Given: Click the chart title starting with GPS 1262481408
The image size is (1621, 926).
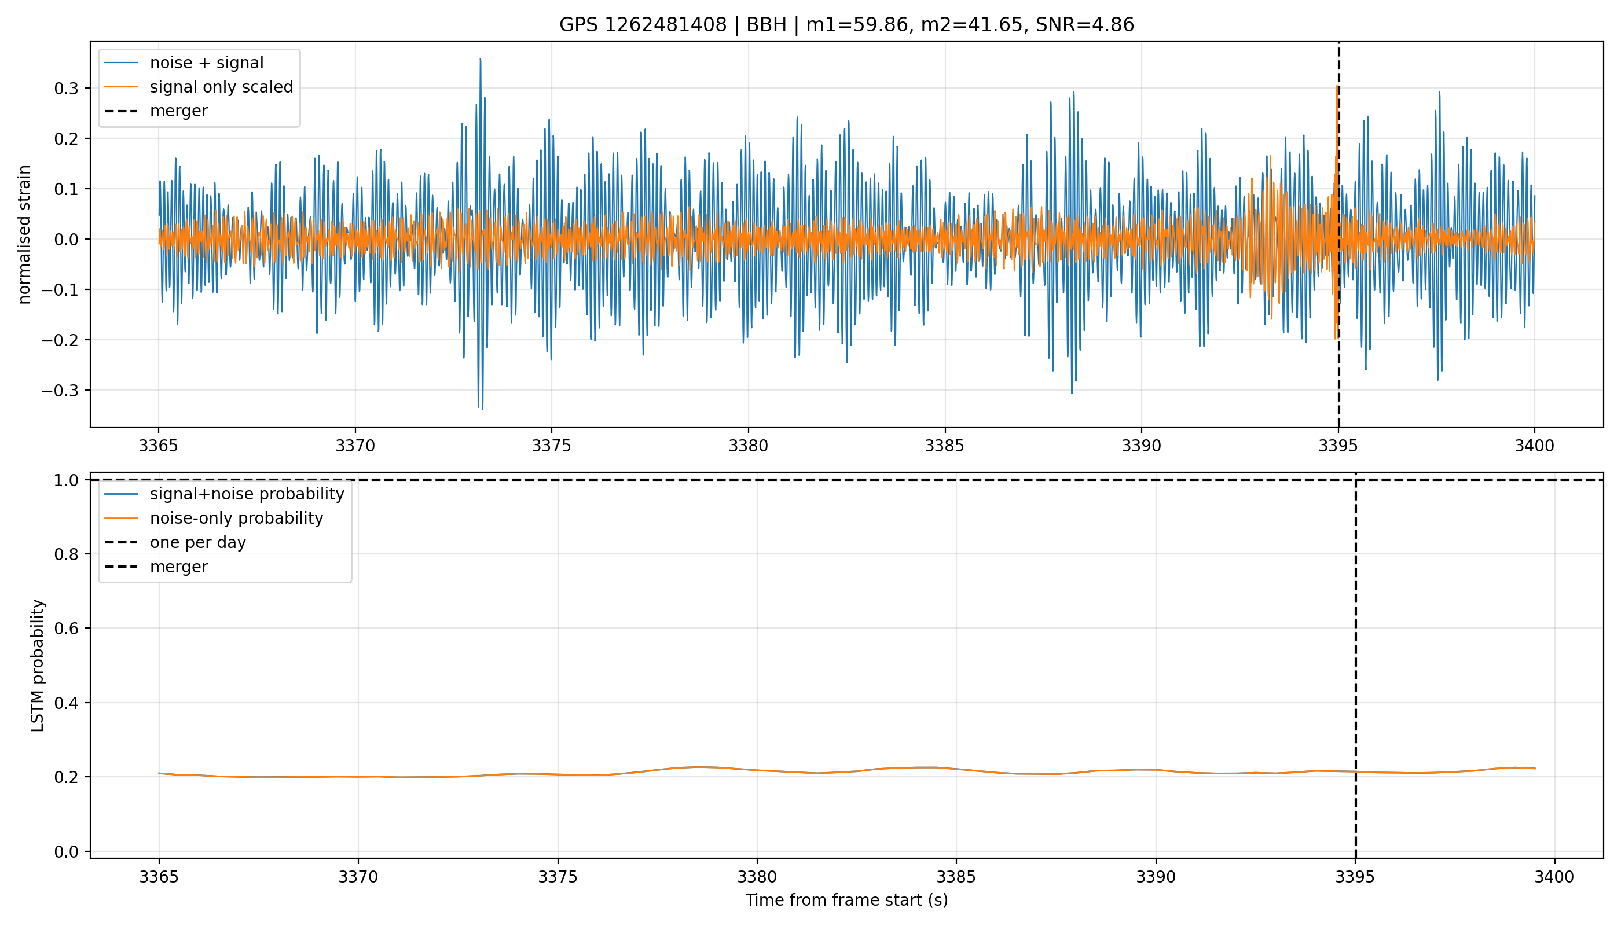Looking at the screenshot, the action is click(x=846, y=25).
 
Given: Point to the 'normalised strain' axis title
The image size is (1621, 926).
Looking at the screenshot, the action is click(x=24, y=234).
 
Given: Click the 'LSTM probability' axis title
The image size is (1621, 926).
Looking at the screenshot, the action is click(x=38, y=665).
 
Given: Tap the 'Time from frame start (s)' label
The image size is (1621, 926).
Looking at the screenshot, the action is click(x=846, y=900).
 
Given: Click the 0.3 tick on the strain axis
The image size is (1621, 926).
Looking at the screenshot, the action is click(x=66, y=89).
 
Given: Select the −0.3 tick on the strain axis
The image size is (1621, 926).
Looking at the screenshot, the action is click(x=60, y=391).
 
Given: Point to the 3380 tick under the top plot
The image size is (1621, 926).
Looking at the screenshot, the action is click(x=748, y=446).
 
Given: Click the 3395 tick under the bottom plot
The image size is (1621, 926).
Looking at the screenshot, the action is click(x=1355, y=877).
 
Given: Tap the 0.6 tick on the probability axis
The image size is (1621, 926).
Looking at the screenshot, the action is click(x=66, y=629).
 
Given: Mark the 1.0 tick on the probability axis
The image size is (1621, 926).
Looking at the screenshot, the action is click(x=66, y=480).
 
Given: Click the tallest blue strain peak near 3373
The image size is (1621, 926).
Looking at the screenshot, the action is click(x=481, y=59).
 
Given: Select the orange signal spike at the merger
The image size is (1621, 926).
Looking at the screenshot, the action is click(x=1337, y=86).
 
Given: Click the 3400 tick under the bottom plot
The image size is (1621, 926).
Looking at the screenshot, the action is click(x=1554, y=877).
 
